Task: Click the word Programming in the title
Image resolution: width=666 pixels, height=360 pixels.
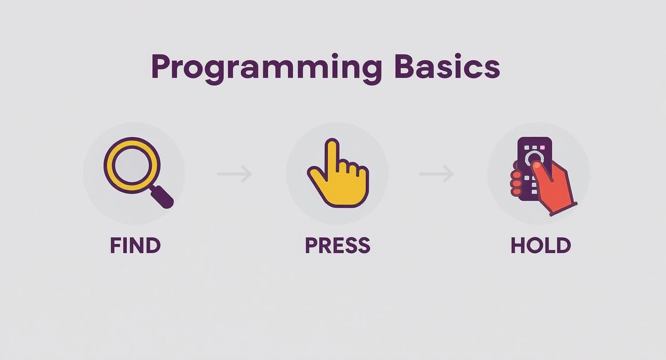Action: (x=266, y=67)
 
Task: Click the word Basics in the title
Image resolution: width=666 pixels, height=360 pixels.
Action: (x=447, y=67)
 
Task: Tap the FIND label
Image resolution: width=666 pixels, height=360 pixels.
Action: (x=135, y=246)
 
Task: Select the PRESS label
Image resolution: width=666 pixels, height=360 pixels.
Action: (x=337, y=246)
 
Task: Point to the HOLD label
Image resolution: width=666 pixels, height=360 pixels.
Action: (x=541, y=246)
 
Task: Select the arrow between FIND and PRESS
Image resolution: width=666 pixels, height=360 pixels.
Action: (x=234, y=173)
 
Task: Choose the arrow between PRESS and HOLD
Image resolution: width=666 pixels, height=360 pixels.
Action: (x=436, y=173)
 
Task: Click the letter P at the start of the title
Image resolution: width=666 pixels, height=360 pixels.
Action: (x=161, y=67)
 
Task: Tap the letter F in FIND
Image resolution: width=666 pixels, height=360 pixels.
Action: (x=115, y=246)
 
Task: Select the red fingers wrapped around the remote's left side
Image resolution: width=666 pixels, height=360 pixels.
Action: (x=516, y=182)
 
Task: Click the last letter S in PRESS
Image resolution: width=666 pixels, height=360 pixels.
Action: (x=364, y=246)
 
